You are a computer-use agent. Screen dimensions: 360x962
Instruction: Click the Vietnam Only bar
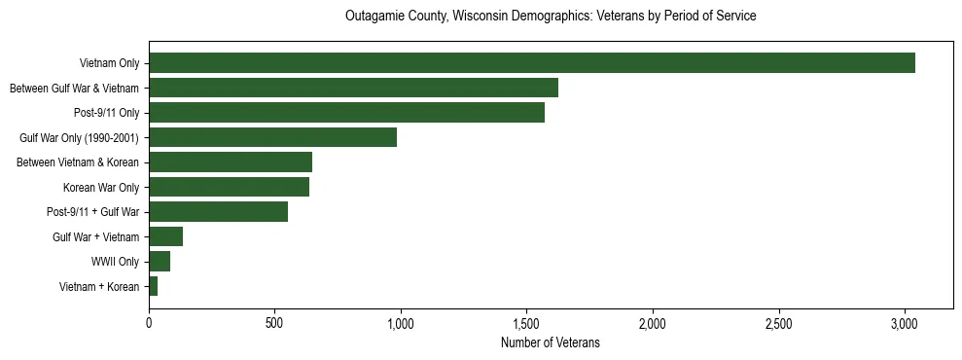[532, 63]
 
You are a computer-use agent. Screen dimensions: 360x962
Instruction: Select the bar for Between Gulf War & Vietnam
[353, 89]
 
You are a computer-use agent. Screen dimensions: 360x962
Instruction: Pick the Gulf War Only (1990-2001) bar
[272, 137]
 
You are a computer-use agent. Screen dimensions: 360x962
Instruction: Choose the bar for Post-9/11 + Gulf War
[218, 212]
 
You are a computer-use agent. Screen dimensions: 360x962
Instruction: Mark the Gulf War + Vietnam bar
[165, 236]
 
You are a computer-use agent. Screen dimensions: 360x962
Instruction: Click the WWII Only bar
[160, 261]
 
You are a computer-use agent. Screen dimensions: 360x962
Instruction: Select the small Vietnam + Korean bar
[153, 286]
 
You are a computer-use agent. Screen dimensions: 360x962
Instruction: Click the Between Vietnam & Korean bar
[231, 162]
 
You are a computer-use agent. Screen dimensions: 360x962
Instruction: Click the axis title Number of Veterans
[551, 342]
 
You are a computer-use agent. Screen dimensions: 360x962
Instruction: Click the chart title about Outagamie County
[551, 17]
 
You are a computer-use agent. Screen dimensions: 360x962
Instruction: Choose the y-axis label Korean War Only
[101, 187]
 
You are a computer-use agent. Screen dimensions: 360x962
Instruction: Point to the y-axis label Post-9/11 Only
[106, 113]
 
